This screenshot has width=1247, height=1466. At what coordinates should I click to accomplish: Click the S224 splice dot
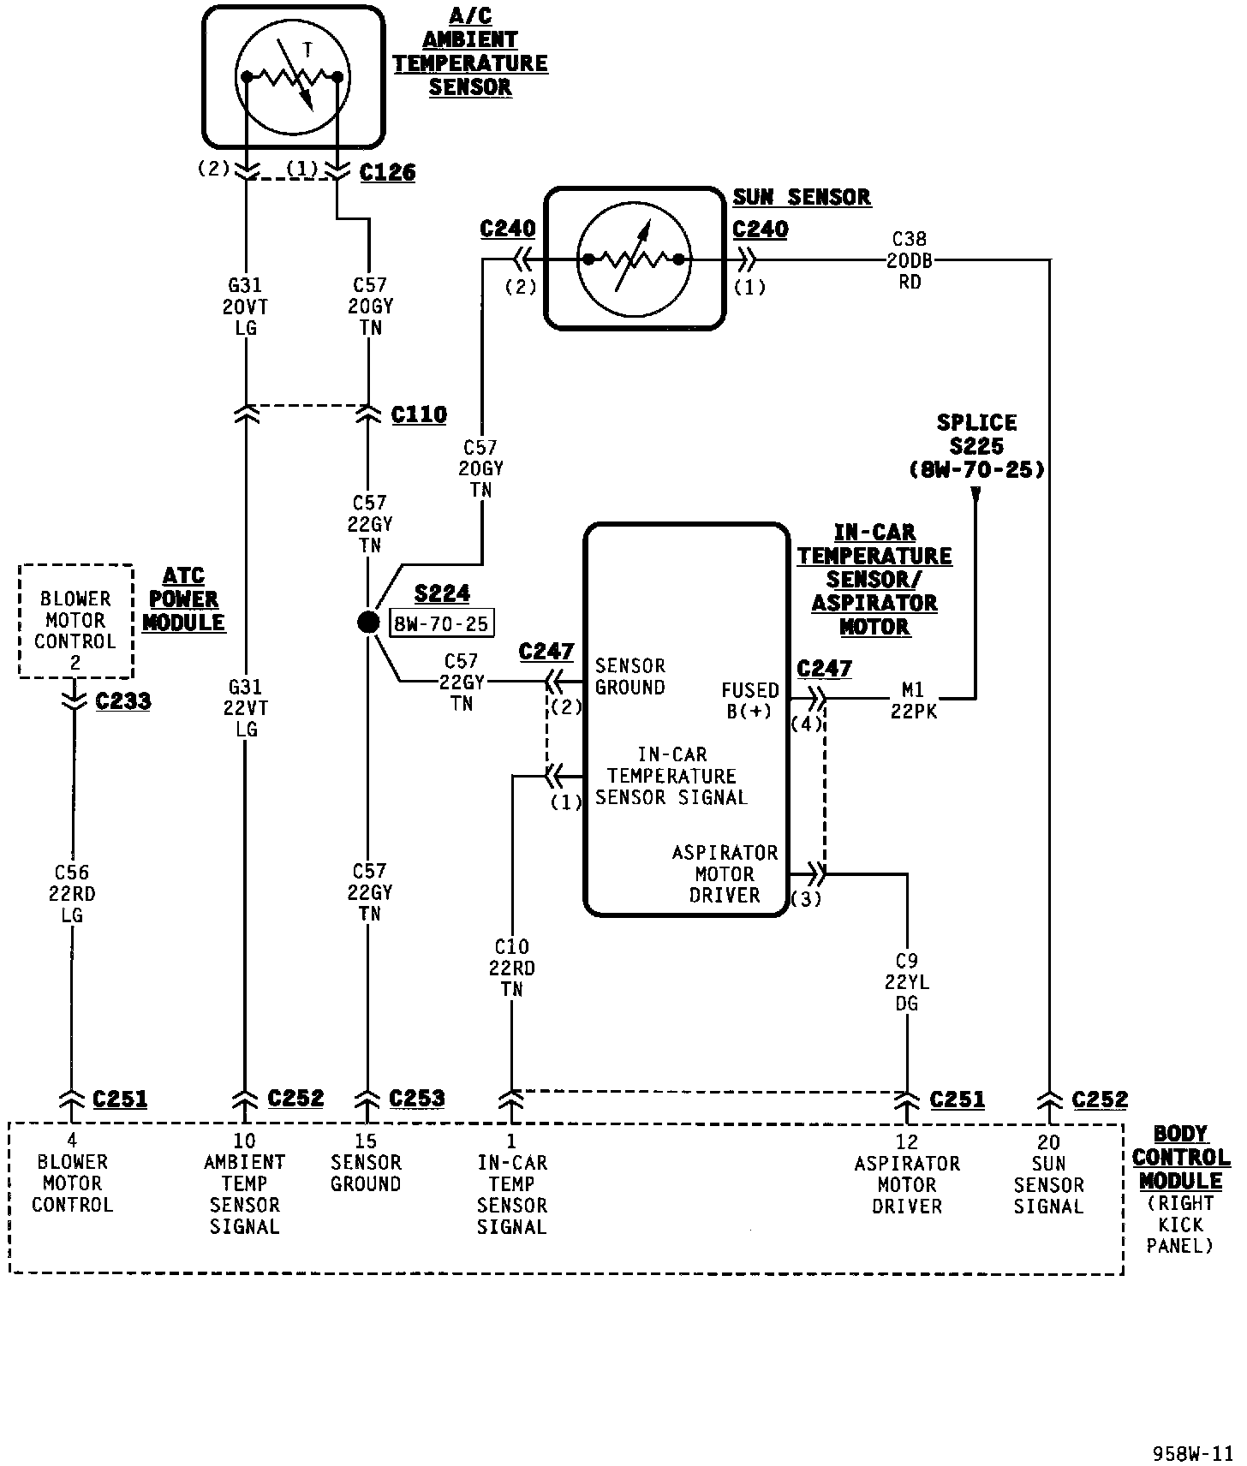(368, 623)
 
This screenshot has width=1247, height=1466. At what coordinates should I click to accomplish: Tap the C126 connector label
(388, 172)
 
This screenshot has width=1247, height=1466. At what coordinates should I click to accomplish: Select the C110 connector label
(419, 414)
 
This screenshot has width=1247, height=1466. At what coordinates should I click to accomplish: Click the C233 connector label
(123, 701)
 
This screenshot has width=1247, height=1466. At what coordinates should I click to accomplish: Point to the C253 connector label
(417, 1099)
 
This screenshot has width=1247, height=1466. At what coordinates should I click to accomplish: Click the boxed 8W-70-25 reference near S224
(442, 623)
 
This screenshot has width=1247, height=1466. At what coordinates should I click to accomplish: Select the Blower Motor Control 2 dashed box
(75, 621)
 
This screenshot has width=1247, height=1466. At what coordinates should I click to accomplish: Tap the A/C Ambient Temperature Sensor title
(470, 52)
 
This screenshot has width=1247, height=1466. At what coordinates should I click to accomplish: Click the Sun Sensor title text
(802, 197)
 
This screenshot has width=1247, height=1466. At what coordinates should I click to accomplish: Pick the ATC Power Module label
(183, 599)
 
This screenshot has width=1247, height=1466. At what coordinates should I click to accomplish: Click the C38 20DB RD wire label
(910, 260)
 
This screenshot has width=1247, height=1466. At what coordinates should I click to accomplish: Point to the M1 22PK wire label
(913, 700)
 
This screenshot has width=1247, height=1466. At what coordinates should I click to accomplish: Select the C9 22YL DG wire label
(907, 982)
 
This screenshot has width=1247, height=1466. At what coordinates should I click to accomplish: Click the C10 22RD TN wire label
(512, 968)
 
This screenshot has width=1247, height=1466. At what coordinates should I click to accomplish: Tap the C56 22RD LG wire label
(72, 894)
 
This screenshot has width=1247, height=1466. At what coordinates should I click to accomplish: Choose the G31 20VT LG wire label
(246, 307)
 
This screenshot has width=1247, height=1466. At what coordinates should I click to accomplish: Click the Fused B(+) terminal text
(750, 700)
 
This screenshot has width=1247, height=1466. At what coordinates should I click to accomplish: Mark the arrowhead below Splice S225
(976, 493)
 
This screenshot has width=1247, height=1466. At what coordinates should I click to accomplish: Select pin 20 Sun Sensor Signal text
(1048, 1174)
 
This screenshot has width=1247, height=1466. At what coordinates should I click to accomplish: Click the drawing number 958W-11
(1192, 1453)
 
